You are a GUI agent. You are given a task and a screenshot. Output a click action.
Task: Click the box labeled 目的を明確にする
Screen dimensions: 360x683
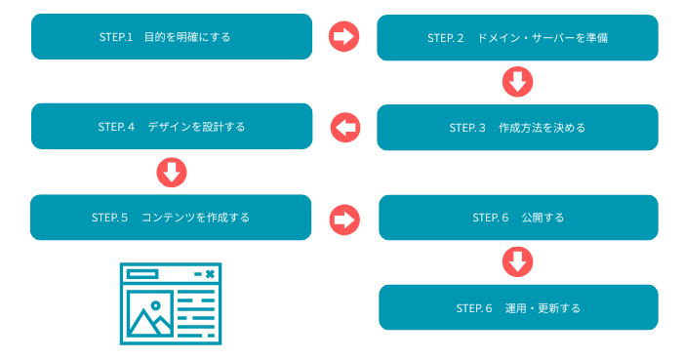(172, 37)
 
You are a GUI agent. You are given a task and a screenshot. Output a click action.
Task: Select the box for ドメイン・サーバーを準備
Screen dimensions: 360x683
(518, 38)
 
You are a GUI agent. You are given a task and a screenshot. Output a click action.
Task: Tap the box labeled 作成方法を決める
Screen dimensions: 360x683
(518, 128)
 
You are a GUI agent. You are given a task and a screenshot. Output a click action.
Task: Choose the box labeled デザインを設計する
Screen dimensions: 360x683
(172, 127)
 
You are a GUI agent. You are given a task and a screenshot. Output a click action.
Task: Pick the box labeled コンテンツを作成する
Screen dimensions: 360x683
(172, 218)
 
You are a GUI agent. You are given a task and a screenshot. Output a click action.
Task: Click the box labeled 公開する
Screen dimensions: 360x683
(518, 218)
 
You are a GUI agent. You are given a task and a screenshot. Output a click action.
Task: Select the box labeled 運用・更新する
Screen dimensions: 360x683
(518, 308)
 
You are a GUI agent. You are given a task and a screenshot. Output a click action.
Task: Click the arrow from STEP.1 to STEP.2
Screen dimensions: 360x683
(344, 36)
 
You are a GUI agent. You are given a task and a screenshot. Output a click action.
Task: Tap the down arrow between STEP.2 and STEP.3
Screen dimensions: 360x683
(517, 82)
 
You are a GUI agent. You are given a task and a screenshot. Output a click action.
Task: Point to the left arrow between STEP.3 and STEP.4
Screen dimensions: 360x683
(344, 126)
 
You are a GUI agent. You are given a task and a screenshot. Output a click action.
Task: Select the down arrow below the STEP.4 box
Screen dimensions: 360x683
(172, 173)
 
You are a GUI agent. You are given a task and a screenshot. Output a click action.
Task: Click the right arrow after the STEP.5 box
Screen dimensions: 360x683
(344, 218)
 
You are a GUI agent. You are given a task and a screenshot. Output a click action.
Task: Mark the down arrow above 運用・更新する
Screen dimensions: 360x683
(517, 261)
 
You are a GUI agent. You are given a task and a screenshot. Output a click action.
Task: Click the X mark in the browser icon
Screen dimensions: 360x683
(209, 275)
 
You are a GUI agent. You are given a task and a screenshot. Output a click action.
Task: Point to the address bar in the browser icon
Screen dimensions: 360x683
(141, 275)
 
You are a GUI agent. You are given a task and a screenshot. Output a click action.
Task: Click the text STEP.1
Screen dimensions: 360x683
(115, 38)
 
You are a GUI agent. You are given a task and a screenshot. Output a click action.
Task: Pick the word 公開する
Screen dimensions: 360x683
(542, 218)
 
